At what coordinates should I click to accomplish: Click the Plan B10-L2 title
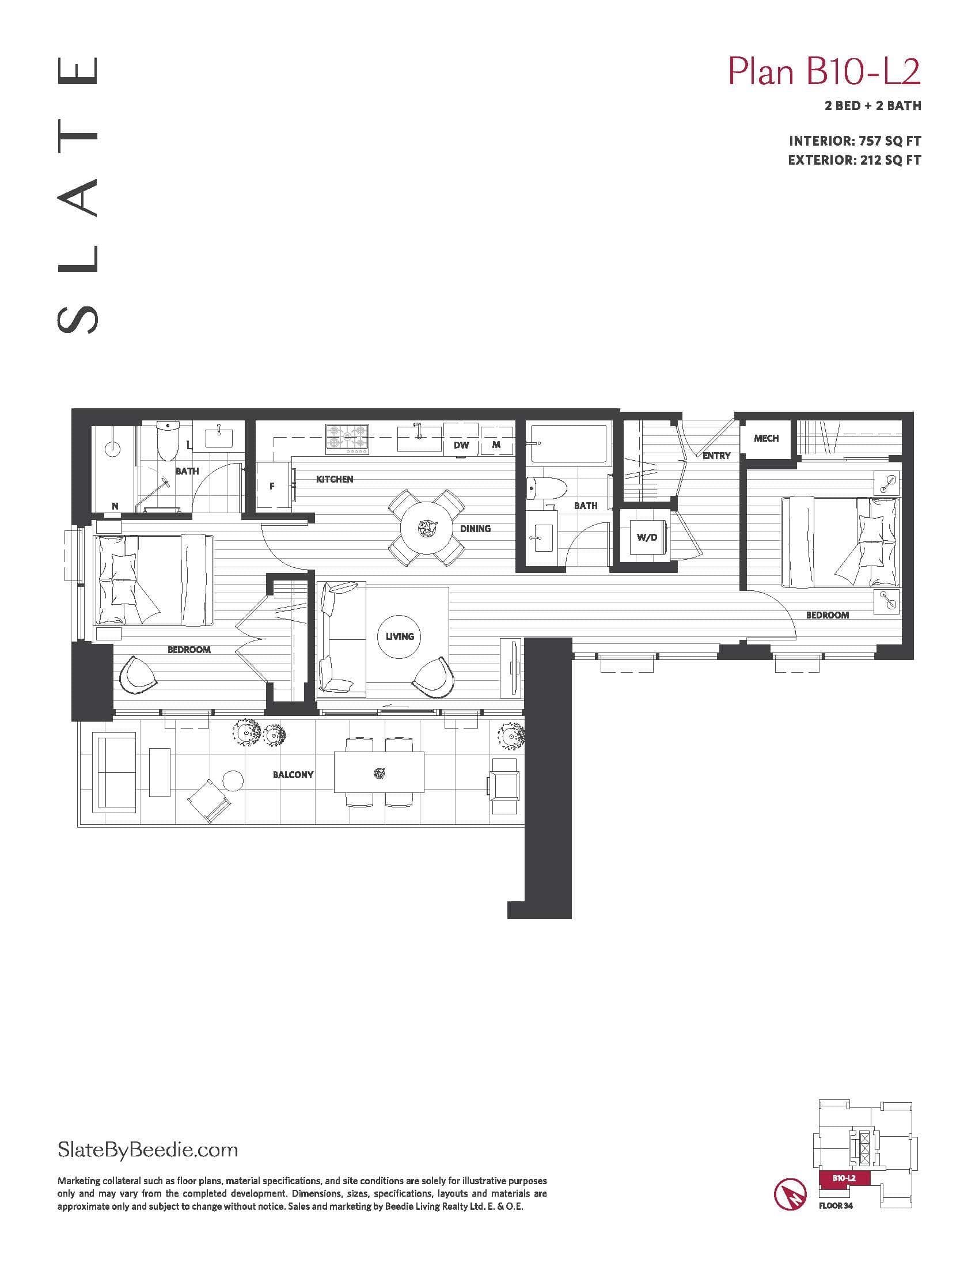click(x=824, y=72)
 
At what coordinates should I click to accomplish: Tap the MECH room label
click(x=766, y=439)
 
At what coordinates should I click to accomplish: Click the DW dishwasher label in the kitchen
click(x=462, y=446)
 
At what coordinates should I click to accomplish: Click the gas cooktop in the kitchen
click(x=348, y=439)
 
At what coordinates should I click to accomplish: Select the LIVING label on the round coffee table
click(x=400, y=636)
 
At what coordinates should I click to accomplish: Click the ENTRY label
click(x=716, y=456)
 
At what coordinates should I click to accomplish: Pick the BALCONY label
click(x=294, y=775)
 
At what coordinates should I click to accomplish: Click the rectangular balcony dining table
click(x=380, y=773)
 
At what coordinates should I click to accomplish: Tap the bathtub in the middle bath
click(x=569, y=444)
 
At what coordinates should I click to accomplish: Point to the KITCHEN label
click(x=335, y=479)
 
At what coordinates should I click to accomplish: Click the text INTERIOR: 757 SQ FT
click(x=855, y=141)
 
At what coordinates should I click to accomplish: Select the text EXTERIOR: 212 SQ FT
click(x=854, y=160)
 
